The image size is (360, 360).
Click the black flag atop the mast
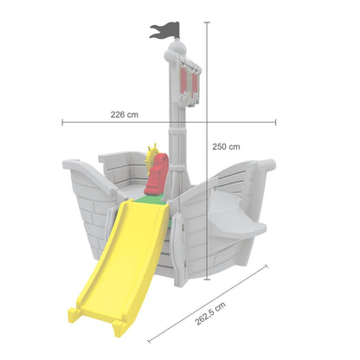click(165, 30)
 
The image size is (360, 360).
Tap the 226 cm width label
click(125, 114)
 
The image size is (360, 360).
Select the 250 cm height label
click(226, 146)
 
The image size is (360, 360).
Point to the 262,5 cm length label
click(210, 314)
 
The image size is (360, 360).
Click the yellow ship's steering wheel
click(151, 158)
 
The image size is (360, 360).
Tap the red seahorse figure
click(157, 174)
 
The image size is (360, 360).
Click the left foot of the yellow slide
click(74, 315)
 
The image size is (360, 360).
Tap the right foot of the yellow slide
click(119, 328)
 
